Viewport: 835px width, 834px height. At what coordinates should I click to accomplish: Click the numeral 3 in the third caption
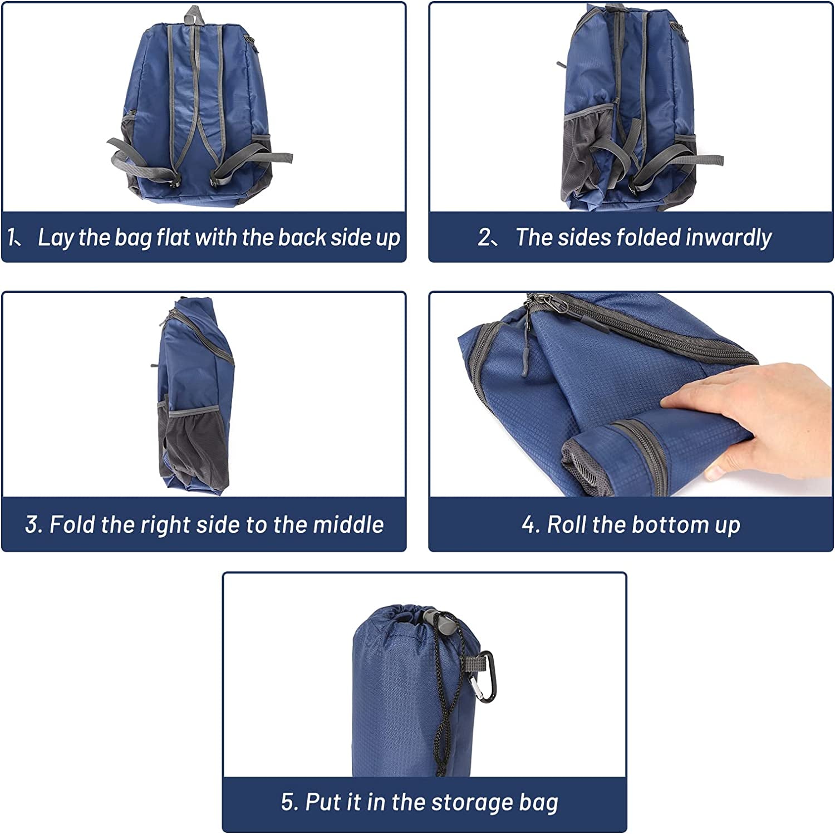click(32, 524)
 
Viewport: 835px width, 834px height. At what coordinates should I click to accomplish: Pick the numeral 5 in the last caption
click(288, 802)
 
